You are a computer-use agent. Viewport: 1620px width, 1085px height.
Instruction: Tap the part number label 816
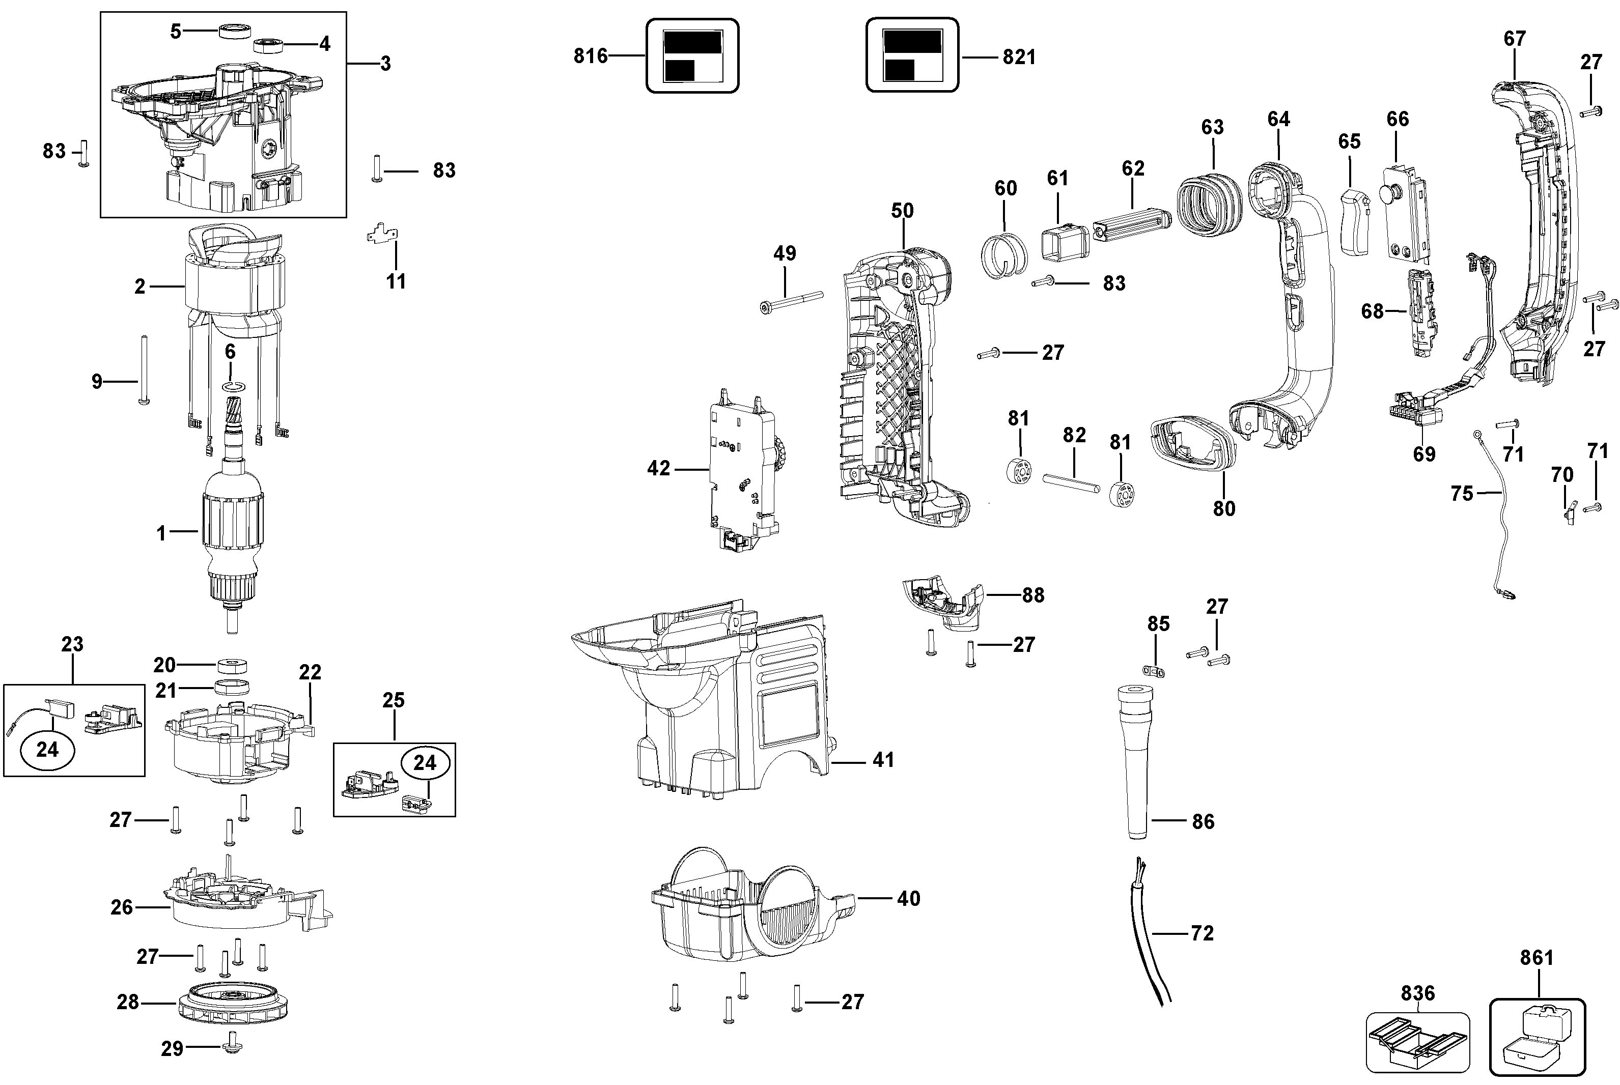coord(591,55)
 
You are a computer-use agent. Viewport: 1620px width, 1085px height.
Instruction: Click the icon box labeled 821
coord(912,55)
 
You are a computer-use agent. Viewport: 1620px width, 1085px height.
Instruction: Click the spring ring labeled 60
coord(1001,254)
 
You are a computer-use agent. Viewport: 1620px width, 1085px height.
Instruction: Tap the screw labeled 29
coord(233,1048)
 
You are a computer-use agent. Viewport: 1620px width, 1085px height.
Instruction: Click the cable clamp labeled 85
coord(1153,671)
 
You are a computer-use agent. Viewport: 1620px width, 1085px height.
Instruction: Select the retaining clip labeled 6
coord(233,385)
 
